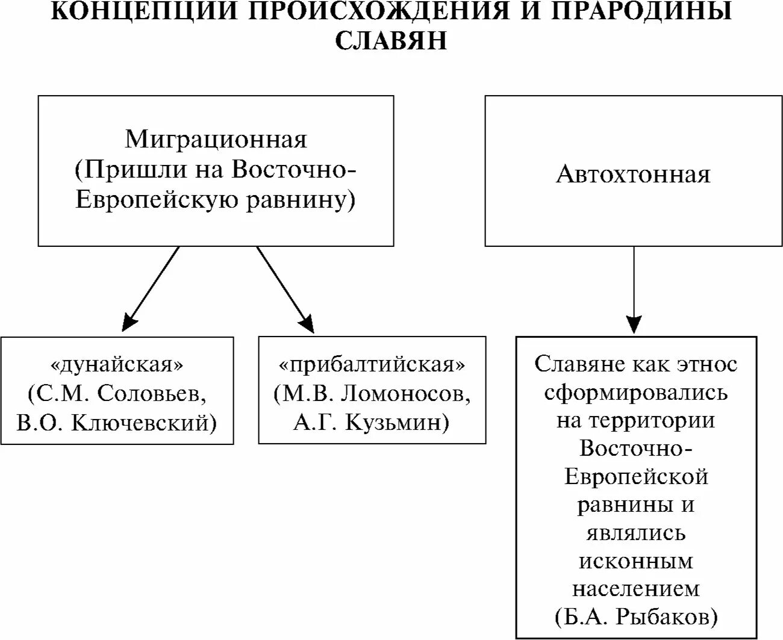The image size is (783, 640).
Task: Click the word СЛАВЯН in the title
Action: point(391,40)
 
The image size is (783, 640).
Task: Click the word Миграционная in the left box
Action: point(216,139)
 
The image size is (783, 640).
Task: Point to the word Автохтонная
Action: point(633,174)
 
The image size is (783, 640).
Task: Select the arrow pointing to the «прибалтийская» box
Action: point(285,289)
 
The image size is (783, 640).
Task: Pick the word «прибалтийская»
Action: point(372,365)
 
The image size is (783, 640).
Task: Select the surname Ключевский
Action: point(144,423)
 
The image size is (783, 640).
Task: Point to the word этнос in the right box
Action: point(707,364)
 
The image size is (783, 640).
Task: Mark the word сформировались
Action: point(636,393)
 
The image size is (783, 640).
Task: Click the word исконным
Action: point(636,561)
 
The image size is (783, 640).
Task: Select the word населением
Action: point(636,588)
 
